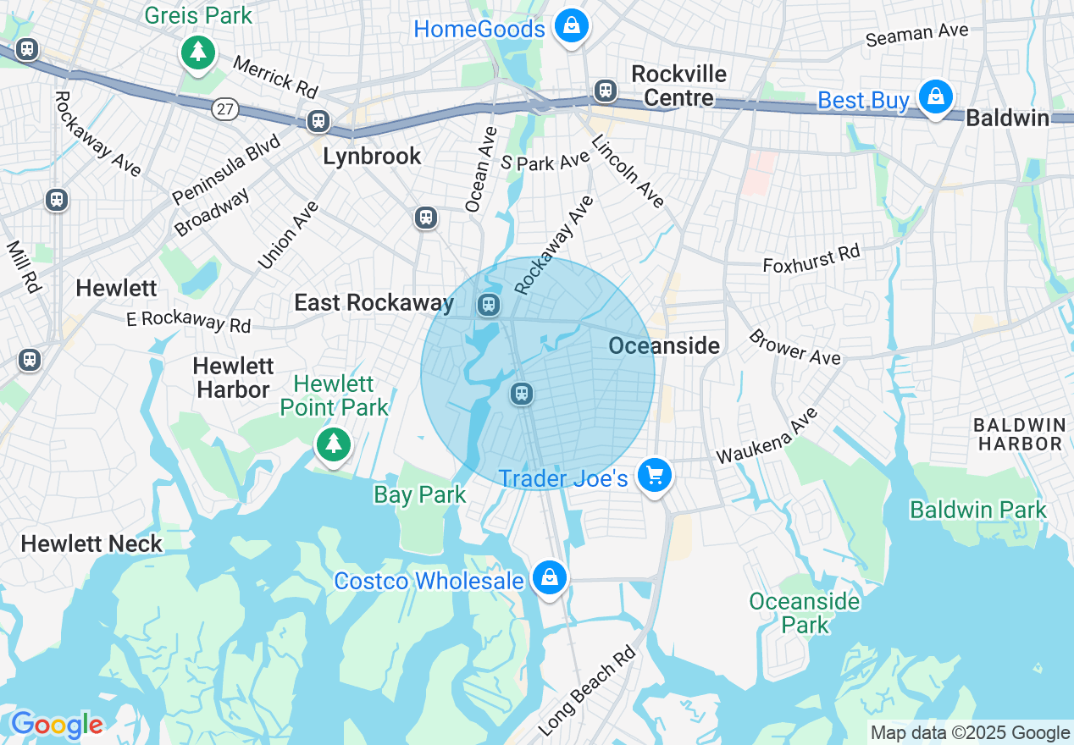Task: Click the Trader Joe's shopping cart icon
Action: pyautogui.click(x=654, y=476)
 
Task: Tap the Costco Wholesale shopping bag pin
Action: pyautogui.click(x=549, y=578)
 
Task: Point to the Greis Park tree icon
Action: pyautogui.click(x=198, y=53)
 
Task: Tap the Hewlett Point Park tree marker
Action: pyautogui.click(x=334, y=443)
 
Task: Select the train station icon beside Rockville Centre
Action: pyautogui.click(x=605, y=90)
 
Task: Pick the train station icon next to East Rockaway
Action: pyautogui.click(x=488, y=304)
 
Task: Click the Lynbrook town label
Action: pyautogui.click(x=372, y=156)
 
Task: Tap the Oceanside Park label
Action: pyautogui.click(x=804, y=613)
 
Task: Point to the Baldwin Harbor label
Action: pyautogui.click(x=1018, y=433)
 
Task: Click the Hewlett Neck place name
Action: pyautogui.click(x=91, y=544)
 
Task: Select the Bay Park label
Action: pyautogui.click(x=420, y=494)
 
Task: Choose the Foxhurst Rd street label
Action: pyautogui.click(x=811, y=259)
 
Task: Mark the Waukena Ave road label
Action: pyautogui.click(x=767, y=436)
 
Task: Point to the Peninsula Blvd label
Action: pyautogui.click(x=226, y=167)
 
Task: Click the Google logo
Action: pyautogui.click(x=57, y=725)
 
